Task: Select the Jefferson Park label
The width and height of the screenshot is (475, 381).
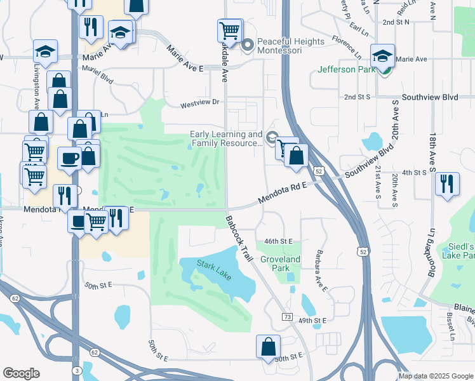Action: tap(345, 69)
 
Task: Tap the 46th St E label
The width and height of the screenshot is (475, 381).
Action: tap(278, 241)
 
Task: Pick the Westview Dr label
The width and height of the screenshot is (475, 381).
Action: tap(199, 102)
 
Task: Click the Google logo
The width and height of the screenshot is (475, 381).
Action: tap(20, 373)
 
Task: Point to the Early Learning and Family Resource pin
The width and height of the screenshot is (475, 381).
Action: tap(272, 138)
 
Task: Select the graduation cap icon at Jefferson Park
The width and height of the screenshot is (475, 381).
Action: tap(383, 56)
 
